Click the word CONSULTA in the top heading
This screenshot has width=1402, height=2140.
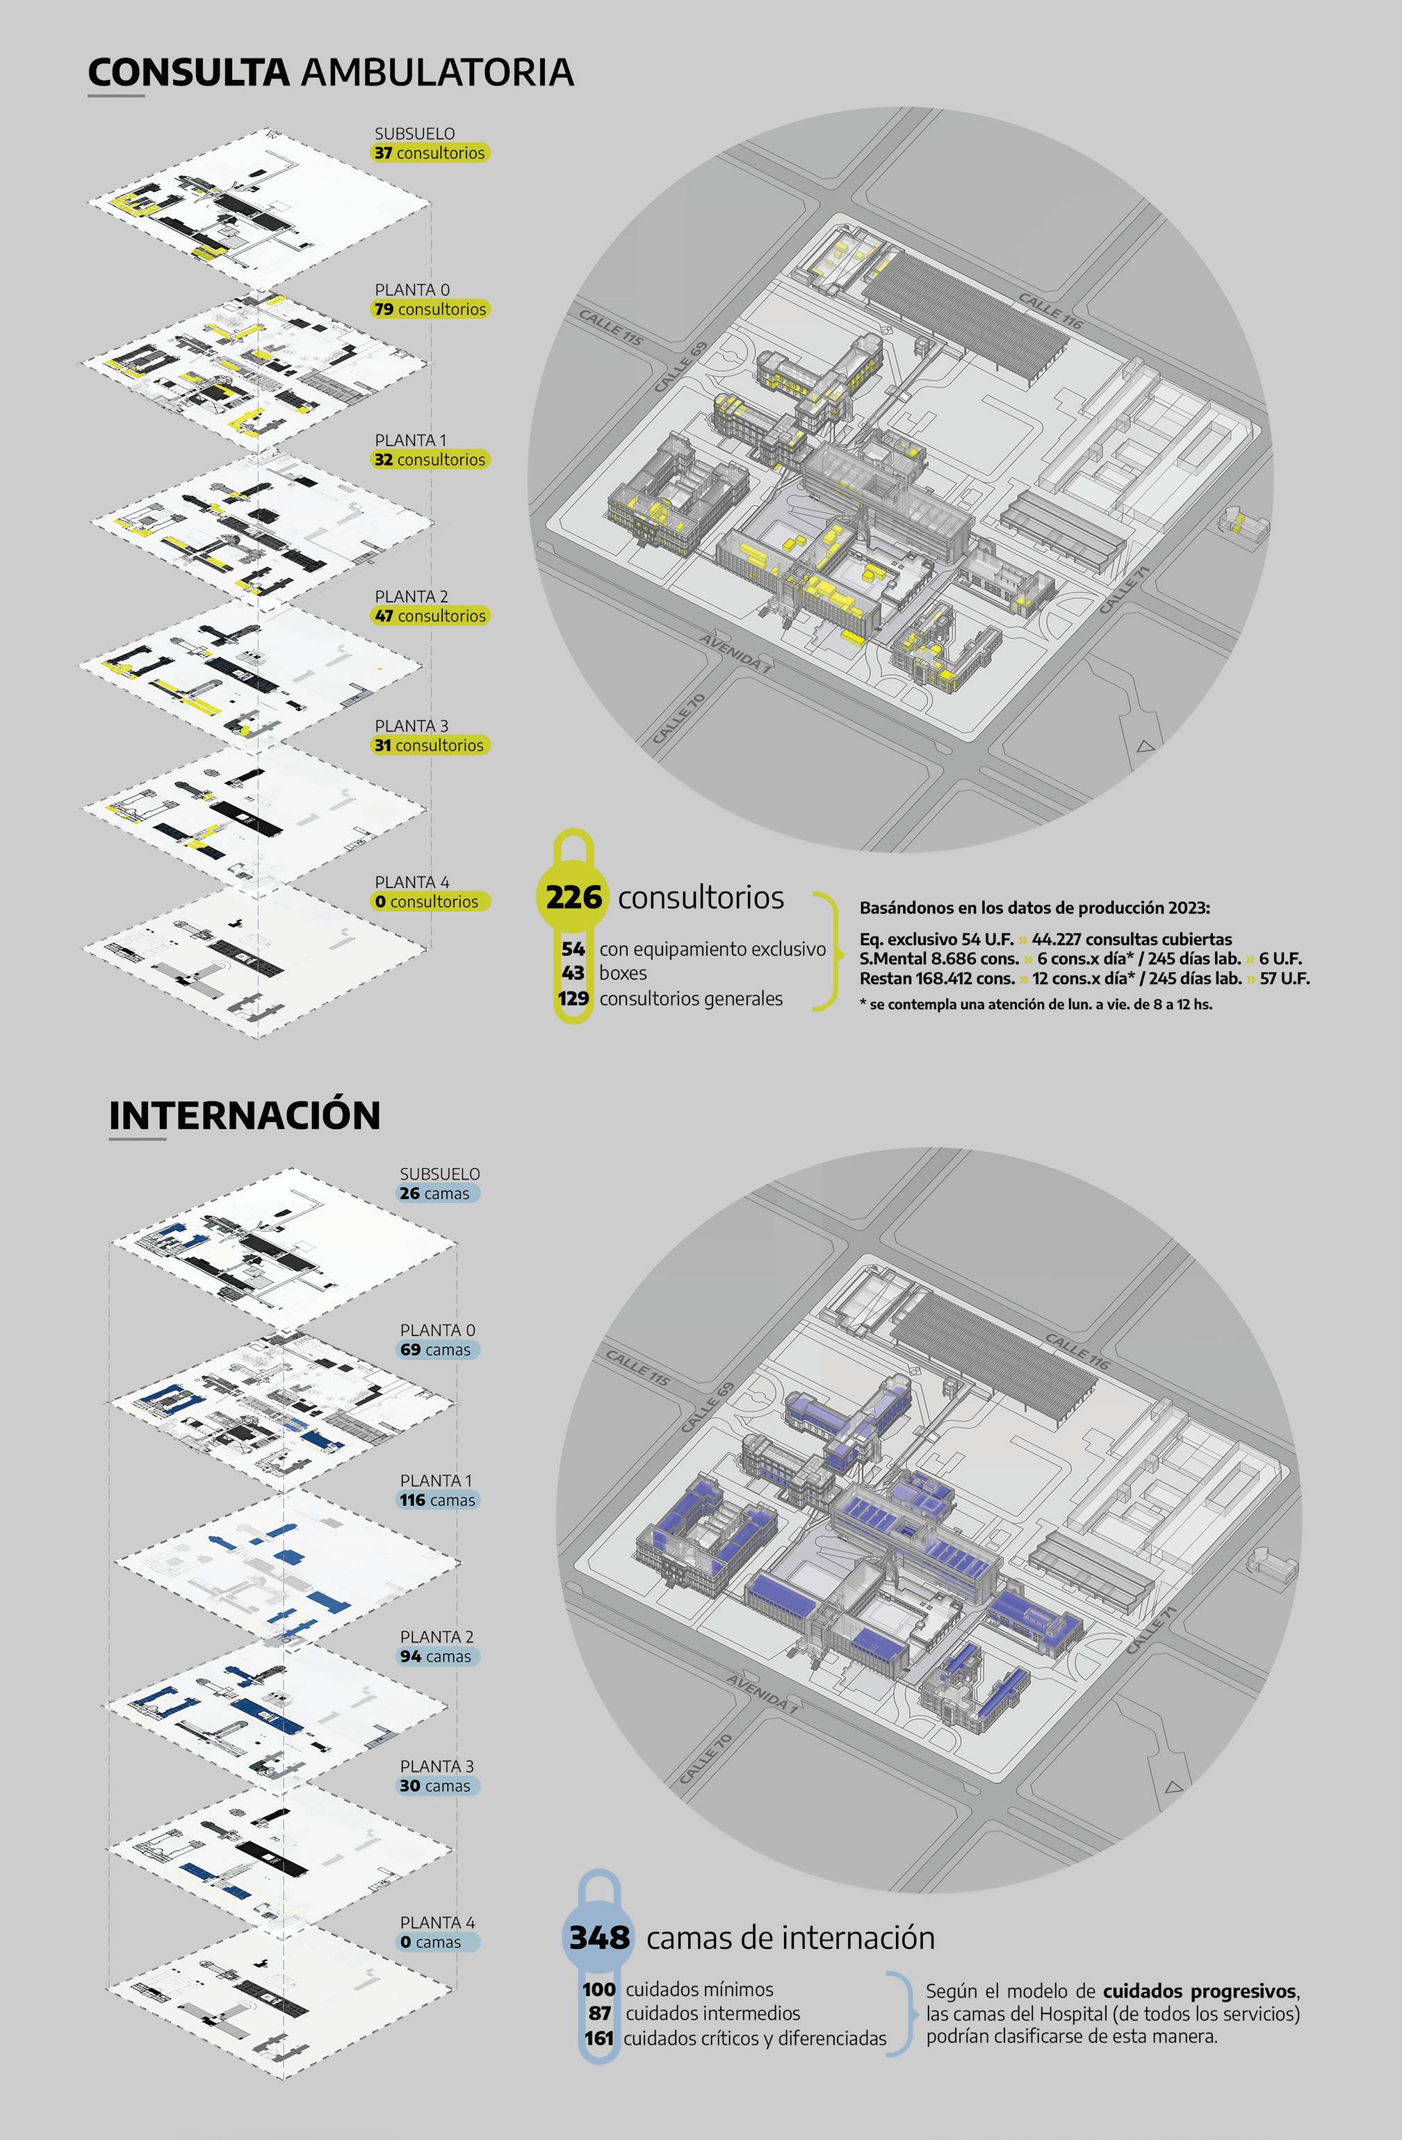[x=188, y=73]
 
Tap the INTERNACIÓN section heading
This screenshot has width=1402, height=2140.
[x=245, y=1115]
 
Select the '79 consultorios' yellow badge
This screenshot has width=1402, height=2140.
[x=430, y=309]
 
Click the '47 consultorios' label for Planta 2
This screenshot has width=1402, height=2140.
[x=430, y=616]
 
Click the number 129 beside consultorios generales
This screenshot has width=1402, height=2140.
[x=573, y=998]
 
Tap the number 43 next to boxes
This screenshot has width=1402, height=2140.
[x=573, y=973]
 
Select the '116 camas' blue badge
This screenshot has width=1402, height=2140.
[x=437, y=1500]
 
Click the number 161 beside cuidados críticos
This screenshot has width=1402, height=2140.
[x=599, y=2039]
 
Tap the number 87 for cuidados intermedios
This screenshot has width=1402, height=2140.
[x=600, y=2014]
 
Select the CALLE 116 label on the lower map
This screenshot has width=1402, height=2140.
[x=1077, y=1351]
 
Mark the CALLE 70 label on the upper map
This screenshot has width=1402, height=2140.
[x=679, y=718]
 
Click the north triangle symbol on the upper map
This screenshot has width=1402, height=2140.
[x=1145, y=746]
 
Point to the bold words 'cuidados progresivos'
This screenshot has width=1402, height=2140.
[x=1200, y=1991]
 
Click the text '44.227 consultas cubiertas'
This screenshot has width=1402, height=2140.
[x=1132, y=939]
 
